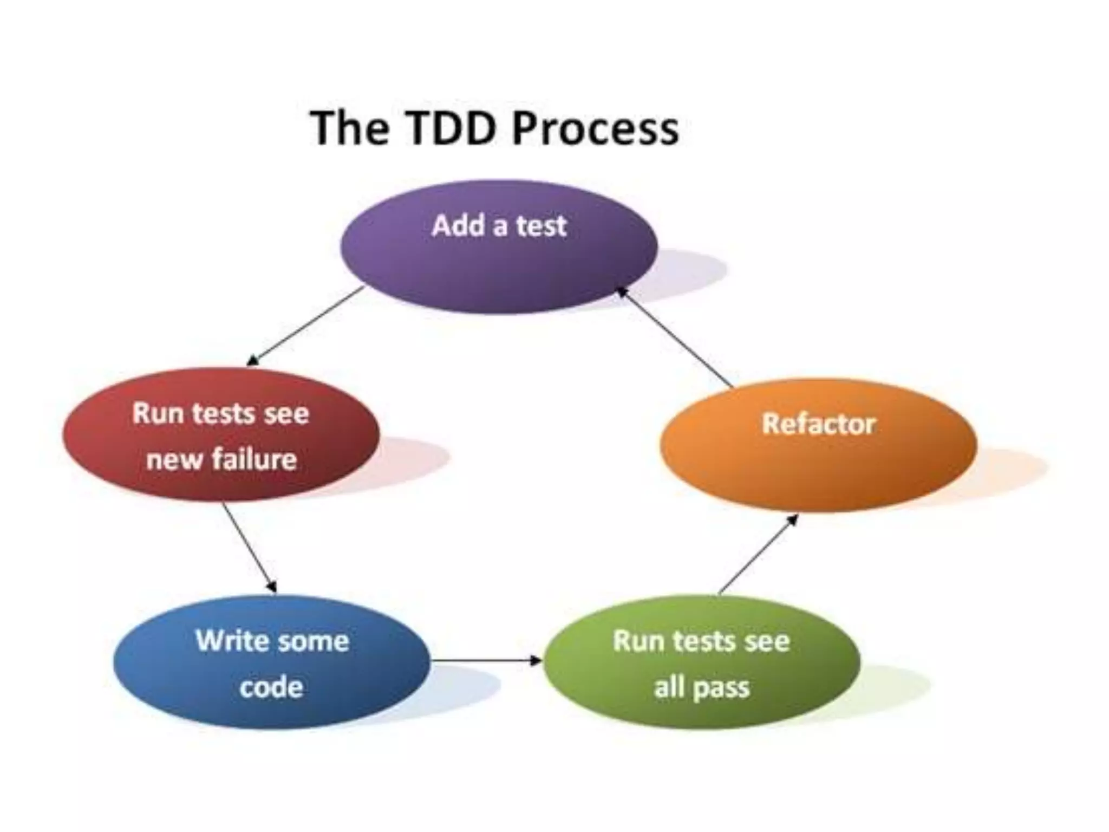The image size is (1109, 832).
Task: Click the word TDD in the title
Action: click(x=449, y=128)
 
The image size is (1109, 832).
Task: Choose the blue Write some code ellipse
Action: click(x=271, y=664)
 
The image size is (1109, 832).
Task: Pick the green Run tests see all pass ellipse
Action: click(x=701, y=664)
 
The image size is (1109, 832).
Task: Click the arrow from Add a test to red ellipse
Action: click(x=306, y=326)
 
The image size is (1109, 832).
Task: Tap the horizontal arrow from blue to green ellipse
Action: click(x=486, y=660)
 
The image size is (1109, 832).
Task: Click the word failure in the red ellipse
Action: click(x=254, y=459)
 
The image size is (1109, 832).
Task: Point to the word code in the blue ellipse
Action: click(x=271, y=687)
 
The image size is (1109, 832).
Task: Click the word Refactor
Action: click(x=818, y=424)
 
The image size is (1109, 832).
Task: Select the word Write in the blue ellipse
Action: click(x=224, y=641)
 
